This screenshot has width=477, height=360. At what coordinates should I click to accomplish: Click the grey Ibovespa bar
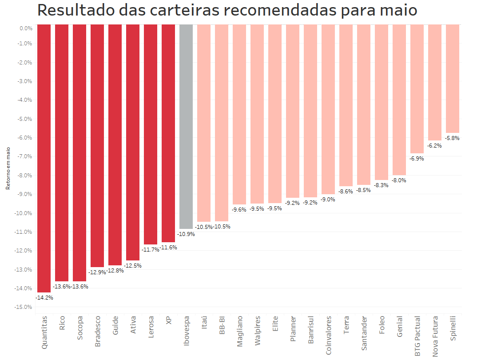186,127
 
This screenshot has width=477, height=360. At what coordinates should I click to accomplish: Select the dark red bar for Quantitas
44,158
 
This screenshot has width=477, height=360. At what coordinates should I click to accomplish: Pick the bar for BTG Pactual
417,89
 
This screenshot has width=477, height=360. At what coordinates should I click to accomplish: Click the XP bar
168,133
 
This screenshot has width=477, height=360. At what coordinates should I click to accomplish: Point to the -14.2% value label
44,298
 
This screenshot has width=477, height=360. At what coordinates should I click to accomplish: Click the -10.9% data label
186,234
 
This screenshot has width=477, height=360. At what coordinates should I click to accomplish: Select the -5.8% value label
453,138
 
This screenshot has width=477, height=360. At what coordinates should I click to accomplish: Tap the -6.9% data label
417,159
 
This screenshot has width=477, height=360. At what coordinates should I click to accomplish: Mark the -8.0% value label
399,180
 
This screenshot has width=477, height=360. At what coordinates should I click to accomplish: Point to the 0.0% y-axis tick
26,28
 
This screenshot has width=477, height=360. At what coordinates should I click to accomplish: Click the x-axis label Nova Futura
435,336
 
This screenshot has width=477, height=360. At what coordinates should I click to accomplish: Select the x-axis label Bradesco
98,331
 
